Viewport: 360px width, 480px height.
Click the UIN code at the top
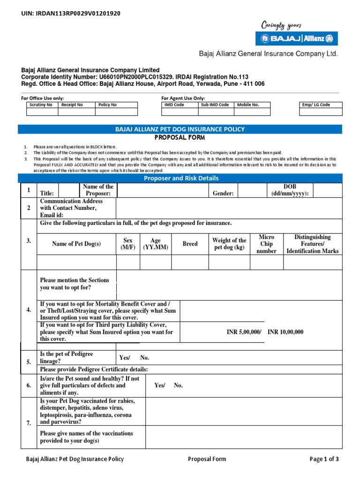tap(71, 14)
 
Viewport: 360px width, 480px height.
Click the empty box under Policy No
tap(116, 112)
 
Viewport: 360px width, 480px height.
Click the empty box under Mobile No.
tap(253, 112)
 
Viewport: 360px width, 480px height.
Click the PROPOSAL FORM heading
tap(180, 137)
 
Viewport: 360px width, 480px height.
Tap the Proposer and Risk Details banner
tap(180, 178)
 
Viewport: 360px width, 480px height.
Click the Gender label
tap(223, 193)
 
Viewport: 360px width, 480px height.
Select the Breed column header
tap(190, 244)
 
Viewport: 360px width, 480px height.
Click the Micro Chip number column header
tap(266, 244)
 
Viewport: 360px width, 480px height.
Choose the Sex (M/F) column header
tap(128, 244)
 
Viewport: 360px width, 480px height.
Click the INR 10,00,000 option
tap(285, 332)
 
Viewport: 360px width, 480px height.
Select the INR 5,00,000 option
tap(243, 332)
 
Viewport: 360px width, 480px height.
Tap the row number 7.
tap(29, 423)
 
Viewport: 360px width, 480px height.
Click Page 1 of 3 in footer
tap(324, 459)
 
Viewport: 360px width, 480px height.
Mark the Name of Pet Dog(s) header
tap(76, 244)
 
